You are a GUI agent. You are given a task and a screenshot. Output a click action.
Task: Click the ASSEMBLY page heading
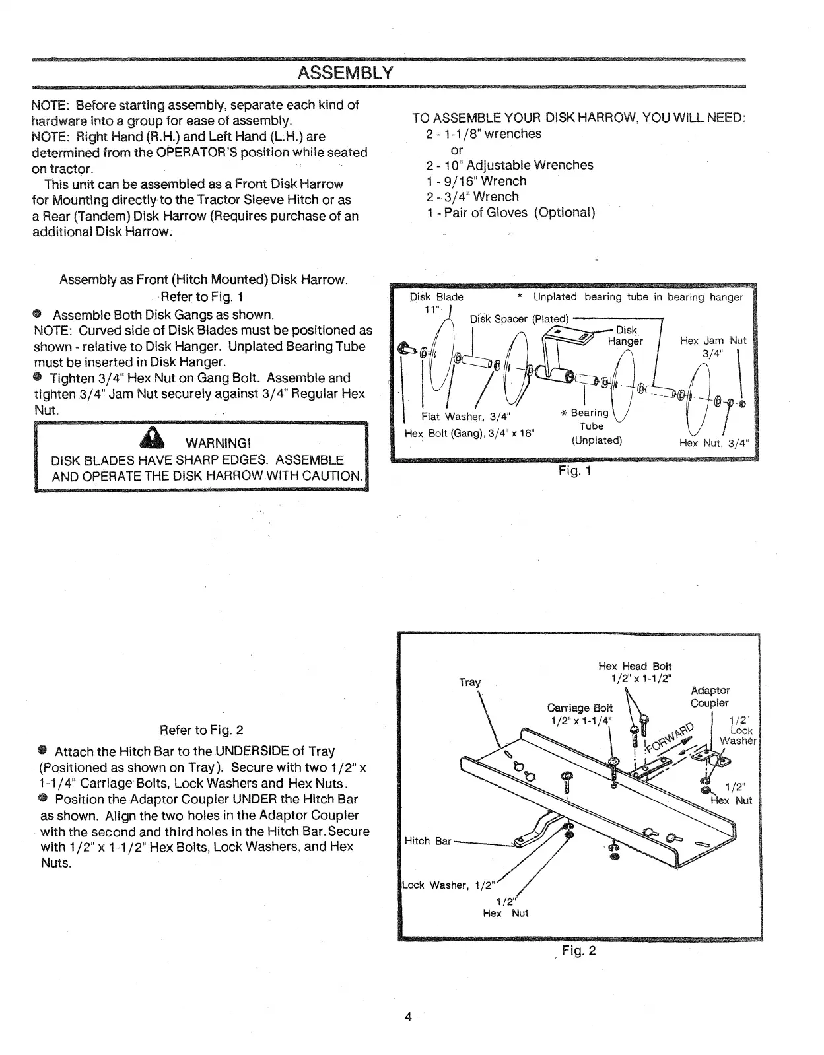click(345, 72)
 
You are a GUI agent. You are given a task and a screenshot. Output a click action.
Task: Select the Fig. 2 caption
click(578, 951)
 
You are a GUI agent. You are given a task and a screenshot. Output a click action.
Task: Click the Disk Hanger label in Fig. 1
click(625, 335)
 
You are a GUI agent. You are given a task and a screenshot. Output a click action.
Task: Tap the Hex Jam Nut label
click(713, 341)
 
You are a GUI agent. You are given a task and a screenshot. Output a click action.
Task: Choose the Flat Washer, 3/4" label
click(466, 416)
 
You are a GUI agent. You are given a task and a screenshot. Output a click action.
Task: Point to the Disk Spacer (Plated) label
click(518, 319)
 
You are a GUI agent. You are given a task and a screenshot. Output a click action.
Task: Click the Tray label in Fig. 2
click(470, 682)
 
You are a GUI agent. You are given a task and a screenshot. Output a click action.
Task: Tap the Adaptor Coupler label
click(710, 697)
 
